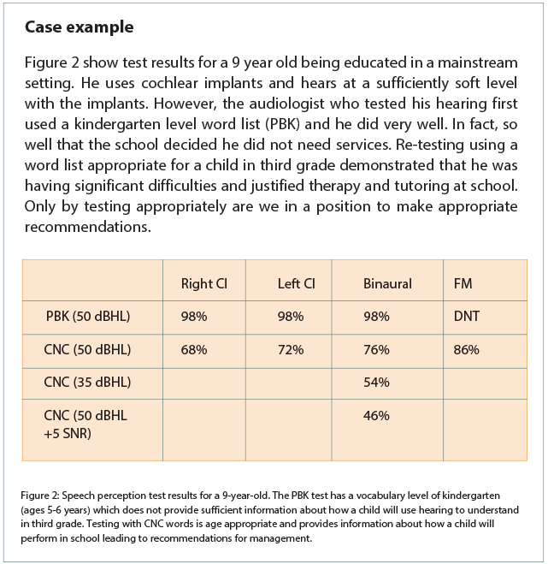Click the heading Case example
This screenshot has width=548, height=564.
pyautogui.click(x=79, y=27)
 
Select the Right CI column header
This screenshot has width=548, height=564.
pyautogui.click(x=203, y=283)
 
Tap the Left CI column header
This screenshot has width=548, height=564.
pyautogui.click(x=297, y=283)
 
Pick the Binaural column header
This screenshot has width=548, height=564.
pyautogui.click(x=387, y=283)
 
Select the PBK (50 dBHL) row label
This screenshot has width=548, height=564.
pyautogui.click(x=87, y=316)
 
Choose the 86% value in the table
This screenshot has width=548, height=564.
pyautogui.click(x=466, y=349)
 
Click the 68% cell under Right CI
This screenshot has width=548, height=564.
pyautogui.click(x=195, y=349)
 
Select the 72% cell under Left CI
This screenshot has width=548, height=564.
pyautogui.click(x=291, y=349)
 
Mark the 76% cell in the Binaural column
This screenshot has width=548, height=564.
pyautogui.click(x=376, y=349)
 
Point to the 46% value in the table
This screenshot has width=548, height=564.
pyautogui.click(x=376, y=416)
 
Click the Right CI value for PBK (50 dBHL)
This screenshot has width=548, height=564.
pyautogui.click(x=195, y=316)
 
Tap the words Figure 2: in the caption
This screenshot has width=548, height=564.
pyautogui.click(x=44, y=496)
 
